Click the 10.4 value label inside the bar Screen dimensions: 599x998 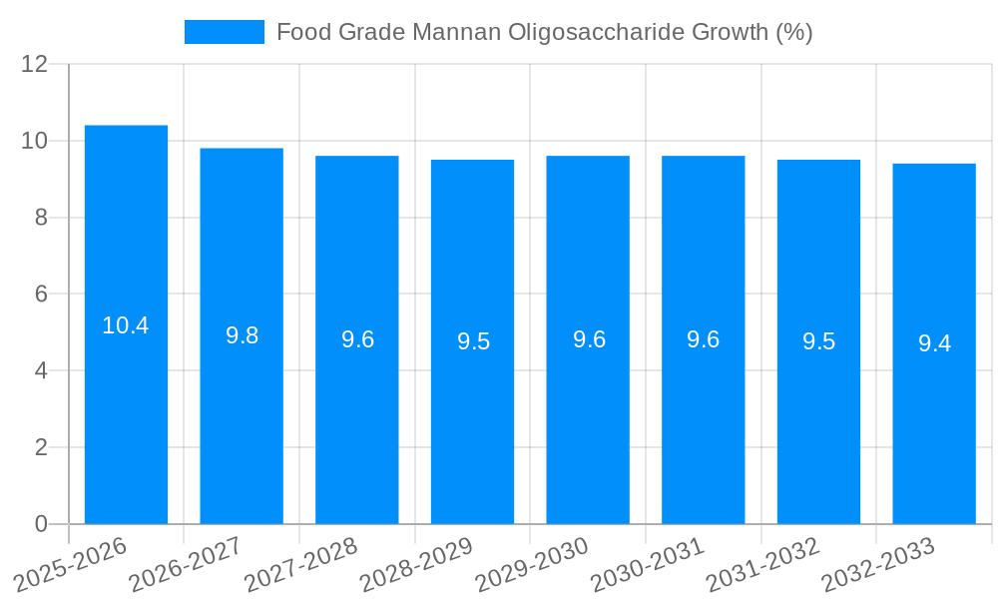126,325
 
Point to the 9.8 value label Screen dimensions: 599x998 242,335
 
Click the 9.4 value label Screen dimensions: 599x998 934,343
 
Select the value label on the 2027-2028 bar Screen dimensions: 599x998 357,339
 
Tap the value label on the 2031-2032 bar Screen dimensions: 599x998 818,341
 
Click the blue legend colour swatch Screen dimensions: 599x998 225,32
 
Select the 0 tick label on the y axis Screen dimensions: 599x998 41,524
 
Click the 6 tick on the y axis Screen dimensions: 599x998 41,295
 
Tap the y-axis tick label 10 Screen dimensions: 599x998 35,141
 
